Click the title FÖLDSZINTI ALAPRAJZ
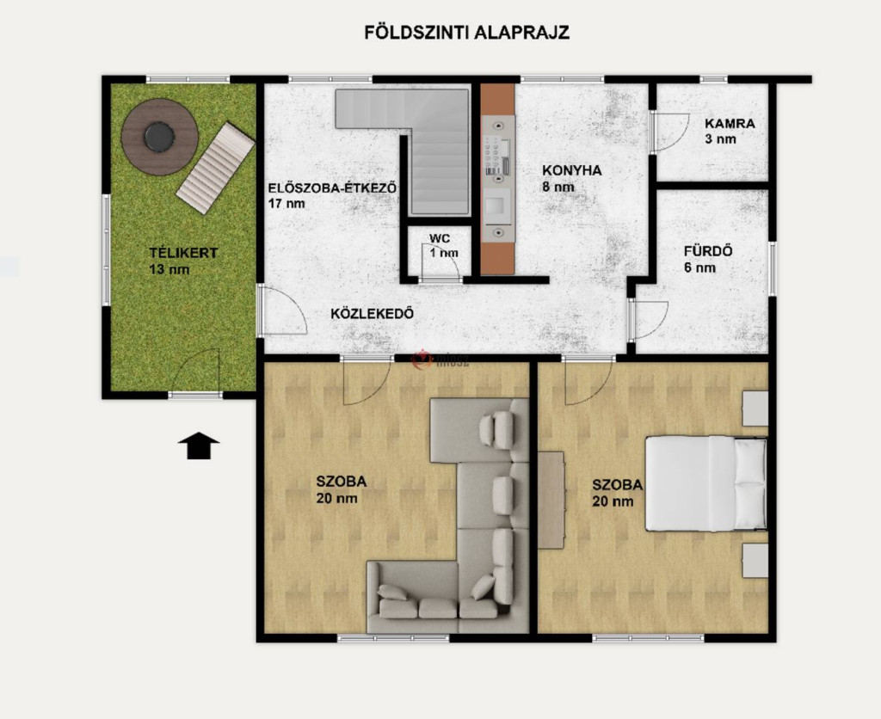point(467,32)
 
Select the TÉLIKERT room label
point(183,253)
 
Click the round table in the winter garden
point(159,137)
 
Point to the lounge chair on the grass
point(215,168)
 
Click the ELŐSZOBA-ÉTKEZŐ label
point(333,187)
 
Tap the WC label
point(440,238)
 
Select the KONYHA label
point(571,170)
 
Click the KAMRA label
point(730,123)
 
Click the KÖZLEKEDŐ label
point(372,313)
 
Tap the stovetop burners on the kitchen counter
point(497,152)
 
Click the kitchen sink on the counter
point(497,206)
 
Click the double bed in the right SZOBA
point(705,483)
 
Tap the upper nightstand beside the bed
point(755,409)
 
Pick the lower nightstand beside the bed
point(755,560)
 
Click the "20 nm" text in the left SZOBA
point(336,498)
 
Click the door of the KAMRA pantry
point(668,132)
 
